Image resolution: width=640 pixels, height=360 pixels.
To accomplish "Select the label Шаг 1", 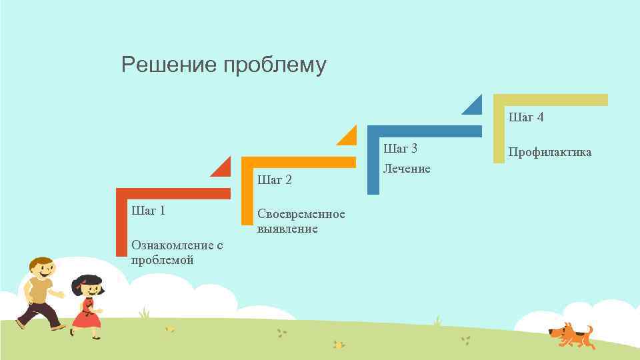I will click(149, 211).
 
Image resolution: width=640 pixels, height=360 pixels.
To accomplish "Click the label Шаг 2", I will click(275, 180).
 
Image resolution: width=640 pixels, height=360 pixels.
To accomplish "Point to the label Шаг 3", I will click(401, 147).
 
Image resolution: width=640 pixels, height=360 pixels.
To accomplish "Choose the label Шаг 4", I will click(527, 117).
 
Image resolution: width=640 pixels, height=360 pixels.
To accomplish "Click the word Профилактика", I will click(550, 152).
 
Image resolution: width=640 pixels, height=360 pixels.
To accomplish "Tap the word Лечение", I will click(407, 169).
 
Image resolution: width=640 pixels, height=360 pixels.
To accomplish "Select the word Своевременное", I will click(301, 214).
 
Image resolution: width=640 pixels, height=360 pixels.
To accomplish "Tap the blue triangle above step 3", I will click(474, 105).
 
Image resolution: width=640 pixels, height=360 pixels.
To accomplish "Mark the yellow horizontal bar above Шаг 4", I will click(551, 100).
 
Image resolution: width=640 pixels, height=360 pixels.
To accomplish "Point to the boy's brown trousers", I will click(40, 313).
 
